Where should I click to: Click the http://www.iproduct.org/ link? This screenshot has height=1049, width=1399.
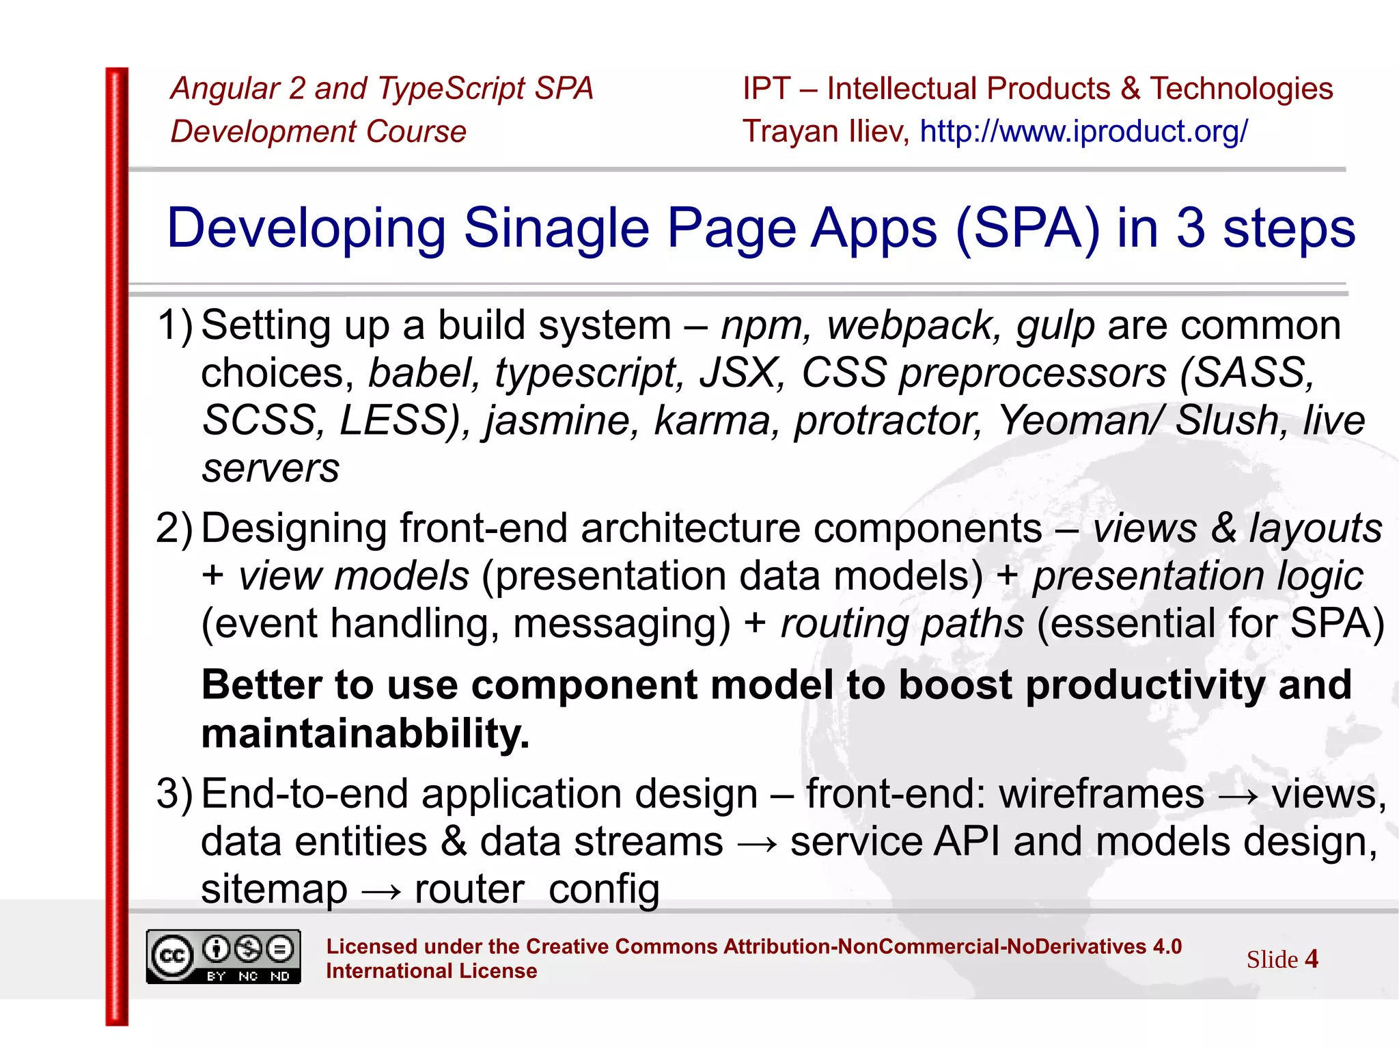click(x=1083, y=131)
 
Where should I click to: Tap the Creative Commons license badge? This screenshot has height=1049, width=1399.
click(x=223, y=957)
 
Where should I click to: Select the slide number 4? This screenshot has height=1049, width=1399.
click(x=1311, y=959)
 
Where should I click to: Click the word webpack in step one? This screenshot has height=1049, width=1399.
click(x=913, y=326)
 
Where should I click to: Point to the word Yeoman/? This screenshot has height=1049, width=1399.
click(x=1079, y=420)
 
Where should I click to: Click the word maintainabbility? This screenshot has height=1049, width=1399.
click(x=365, y=734)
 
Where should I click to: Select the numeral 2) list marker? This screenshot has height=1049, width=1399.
click(x=174, y=528)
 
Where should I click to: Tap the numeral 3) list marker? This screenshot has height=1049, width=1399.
click(x=174, y=794)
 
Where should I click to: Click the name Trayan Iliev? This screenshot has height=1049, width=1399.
click(x=825, y=131)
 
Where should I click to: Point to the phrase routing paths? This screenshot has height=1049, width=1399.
click(x=902, y=624)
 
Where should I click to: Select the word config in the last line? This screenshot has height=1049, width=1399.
click(x=604, y=890)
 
